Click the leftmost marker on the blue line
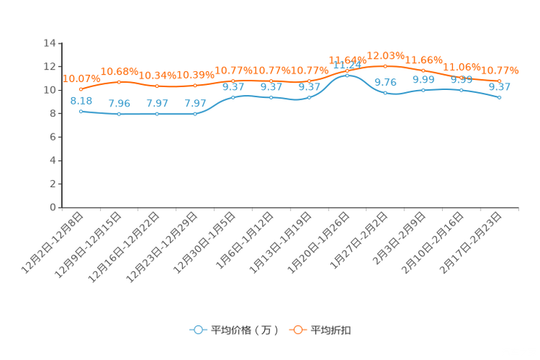pos(81,111)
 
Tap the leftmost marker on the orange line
pos(81,89)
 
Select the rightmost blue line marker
pos(499,97)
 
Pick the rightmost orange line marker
pos(499,81)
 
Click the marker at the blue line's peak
pos(347,75)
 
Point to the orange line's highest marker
pos(385,65)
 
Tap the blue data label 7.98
pos(118,103)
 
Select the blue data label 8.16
pos(81,101)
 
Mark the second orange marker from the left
pos(118,81)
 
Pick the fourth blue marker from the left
pos(195,114)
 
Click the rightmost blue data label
pos(499,86)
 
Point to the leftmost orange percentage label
pos(81,78)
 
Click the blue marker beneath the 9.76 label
pos(385,94)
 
